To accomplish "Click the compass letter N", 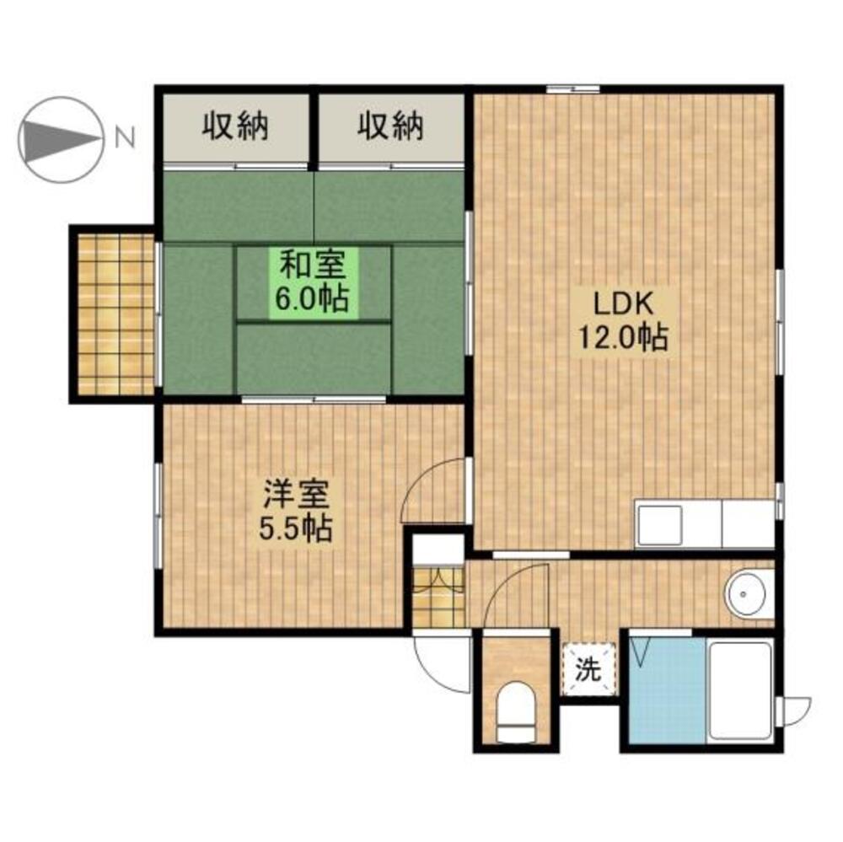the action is (125, 139).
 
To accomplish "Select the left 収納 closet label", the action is (235, 126).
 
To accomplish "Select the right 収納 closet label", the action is (391, 126).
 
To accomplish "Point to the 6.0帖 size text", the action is (313, 300).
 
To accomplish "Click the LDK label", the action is (623, 303).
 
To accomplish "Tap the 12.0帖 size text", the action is (623, 338).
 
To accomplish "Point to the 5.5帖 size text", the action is (296, 528).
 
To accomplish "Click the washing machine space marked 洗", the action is (588, 669).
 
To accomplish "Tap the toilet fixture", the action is (516, 712).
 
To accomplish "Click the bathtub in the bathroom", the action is (740, 691).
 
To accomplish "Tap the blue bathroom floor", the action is (668, 690).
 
